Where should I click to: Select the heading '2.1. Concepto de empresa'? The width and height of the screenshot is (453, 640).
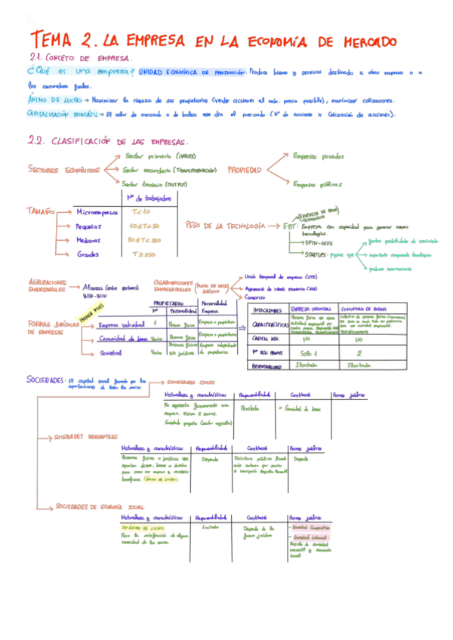click(x=79, y=57)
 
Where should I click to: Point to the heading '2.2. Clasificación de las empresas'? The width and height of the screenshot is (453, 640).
click(x=108, y=141)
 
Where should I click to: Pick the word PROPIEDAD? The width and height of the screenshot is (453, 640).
click(x=245, y=170)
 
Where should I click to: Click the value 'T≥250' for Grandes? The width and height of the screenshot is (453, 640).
click(x=141, y=254)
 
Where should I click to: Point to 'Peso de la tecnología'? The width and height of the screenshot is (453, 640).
click(x=224, y=226)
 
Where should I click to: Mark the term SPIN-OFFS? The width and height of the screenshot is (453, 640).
click(x=319, y=243)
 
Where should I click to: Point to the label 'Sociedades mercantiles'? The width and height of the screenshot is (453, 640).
click(x=86, y=437)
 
